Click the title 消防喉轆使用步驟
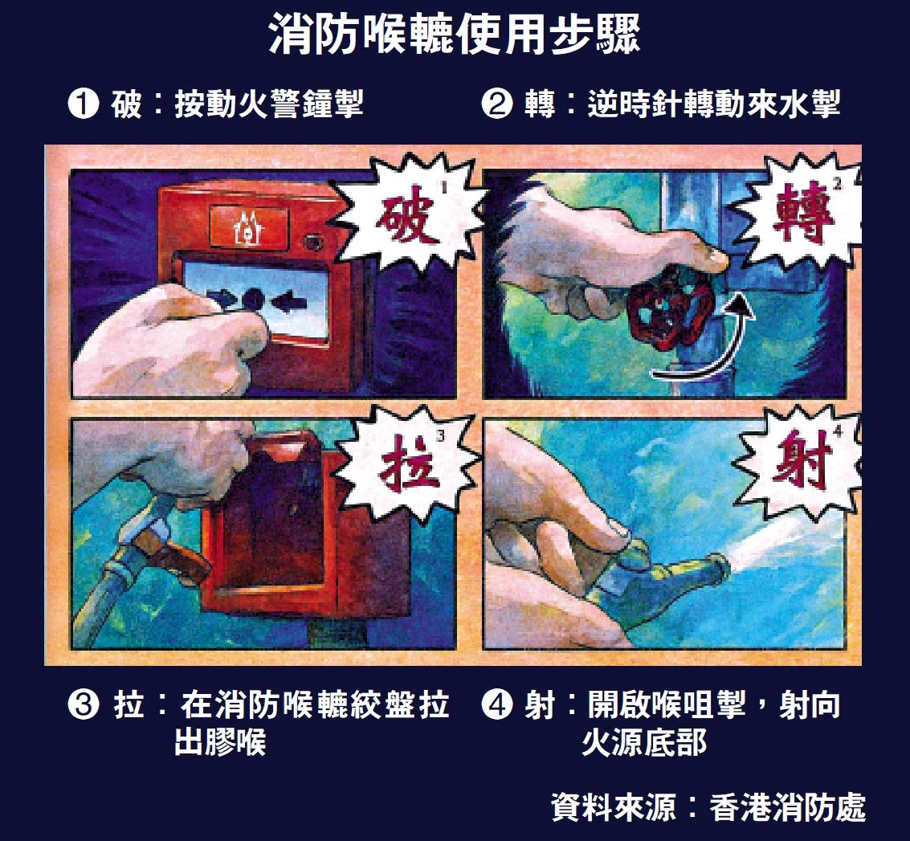coord(455,35)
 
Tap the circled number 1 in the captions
coord(84,104)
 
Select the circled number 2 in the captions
coord(497,104)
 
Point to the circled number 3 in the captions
coord(84,705)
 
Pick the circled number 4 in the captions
coord(497,705)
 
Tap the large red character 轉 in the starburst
coord(802,212)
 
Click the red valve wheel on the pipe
coord(671,308)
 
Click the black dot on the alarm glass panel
coord(253,300)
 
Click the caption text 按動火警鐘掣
coord(269,104)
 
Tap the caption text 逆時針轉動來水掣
coord(713,104)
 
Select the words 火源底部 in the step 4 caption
coord(644,742)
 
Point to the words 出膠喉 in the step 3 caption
coord(220,742)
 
